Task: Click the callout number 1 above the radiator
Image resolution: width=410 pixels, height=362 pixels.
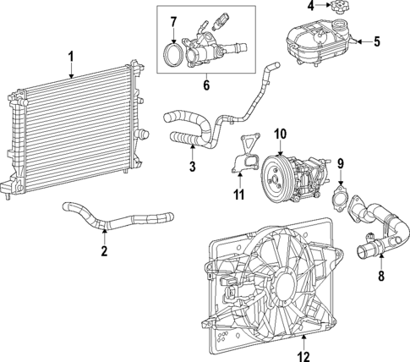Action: pyautogui.click(x=71, y=57)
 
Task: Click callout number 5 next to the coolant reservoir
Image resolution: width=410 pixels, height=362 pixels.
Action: pyautogui.click(x=377, y=40)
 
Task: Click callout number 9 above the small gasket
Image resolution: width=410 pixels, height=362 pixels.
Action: pyautogui.click(x=341, y=163)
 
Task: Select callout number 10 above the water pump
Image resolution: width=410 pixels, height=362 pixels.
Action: pyautogui.click(x=280, y=133)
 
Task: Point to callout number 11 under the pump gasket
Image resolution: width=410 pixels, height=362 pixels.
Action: pyautogui.click(x=239, y=195)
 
